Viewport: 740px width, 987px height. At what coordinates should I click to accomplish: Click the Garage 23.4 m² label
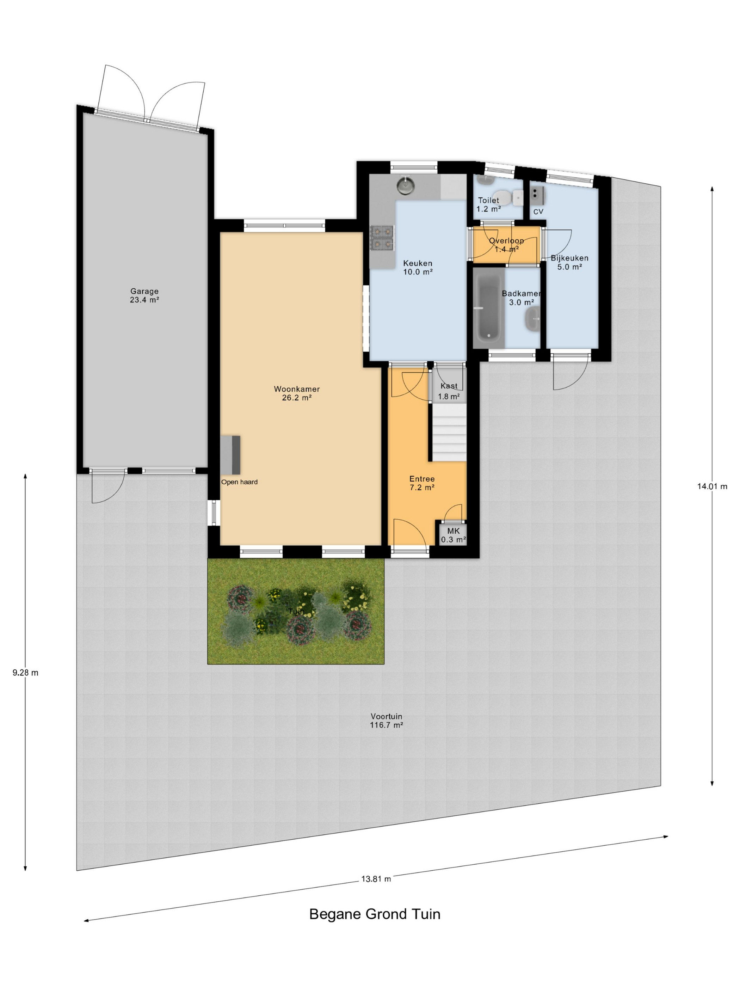(144, 296)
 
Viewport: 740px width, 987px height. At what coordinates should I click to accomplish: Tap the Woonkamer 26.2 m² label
(297, 393)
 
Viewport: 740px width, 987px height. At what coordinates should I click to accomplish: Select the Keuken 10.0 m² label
(418, 267)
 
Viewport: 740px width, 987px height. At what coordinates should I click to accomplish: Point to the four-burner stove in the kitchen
(382, 237)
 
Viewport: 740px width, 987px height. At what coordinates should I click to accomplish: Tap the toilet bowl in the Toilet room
(504, 197)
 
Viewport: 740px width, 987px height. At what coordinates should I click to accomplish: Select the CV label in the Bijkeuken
(538, 211)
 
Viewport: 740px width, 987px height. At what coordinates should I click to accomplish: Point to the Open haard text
(239, 482)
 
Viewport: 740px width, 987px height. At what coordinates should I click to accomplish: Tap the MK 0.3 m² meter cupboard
(453, 534)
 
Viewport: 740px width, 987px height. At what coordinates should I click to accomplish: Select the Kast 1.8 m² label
(449, 391)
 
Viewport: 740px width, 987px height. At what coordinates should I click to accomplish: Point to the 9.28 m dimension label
(25, 673)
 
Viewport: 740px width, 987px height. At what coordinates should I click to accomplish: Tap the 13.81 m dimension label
(376, 878)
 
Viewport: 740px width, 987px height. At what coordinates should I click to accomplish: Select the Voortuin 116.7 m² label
(386, 721)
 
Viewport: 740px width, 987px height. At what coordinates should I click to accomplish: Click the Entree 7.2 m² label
(422, 483)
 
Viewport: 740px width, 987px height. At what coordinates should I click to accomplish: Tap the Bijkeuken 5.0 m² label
(569, 262)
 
